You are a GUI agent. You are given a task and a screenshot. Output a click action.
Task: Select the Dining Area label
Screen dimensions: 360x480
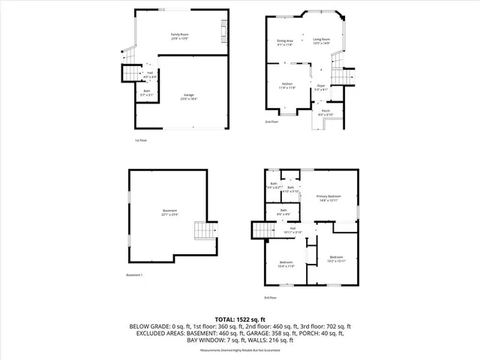tap(285, 42)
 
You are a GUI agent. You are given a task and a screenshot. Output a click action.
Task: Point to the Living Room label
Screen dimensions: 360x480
tap(322, 42)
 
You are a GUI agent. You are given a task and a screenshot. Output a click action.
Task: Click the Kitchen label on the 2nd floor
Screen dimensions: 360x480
tap(287, 85)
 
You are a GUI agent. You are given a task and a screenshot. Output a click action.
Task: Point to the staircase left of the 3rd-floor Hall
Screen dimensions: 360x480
tap(260, 232)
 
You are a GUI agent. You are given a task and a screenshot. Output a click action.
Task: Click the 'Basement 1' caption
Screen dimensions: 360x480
tap(134, 275)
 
